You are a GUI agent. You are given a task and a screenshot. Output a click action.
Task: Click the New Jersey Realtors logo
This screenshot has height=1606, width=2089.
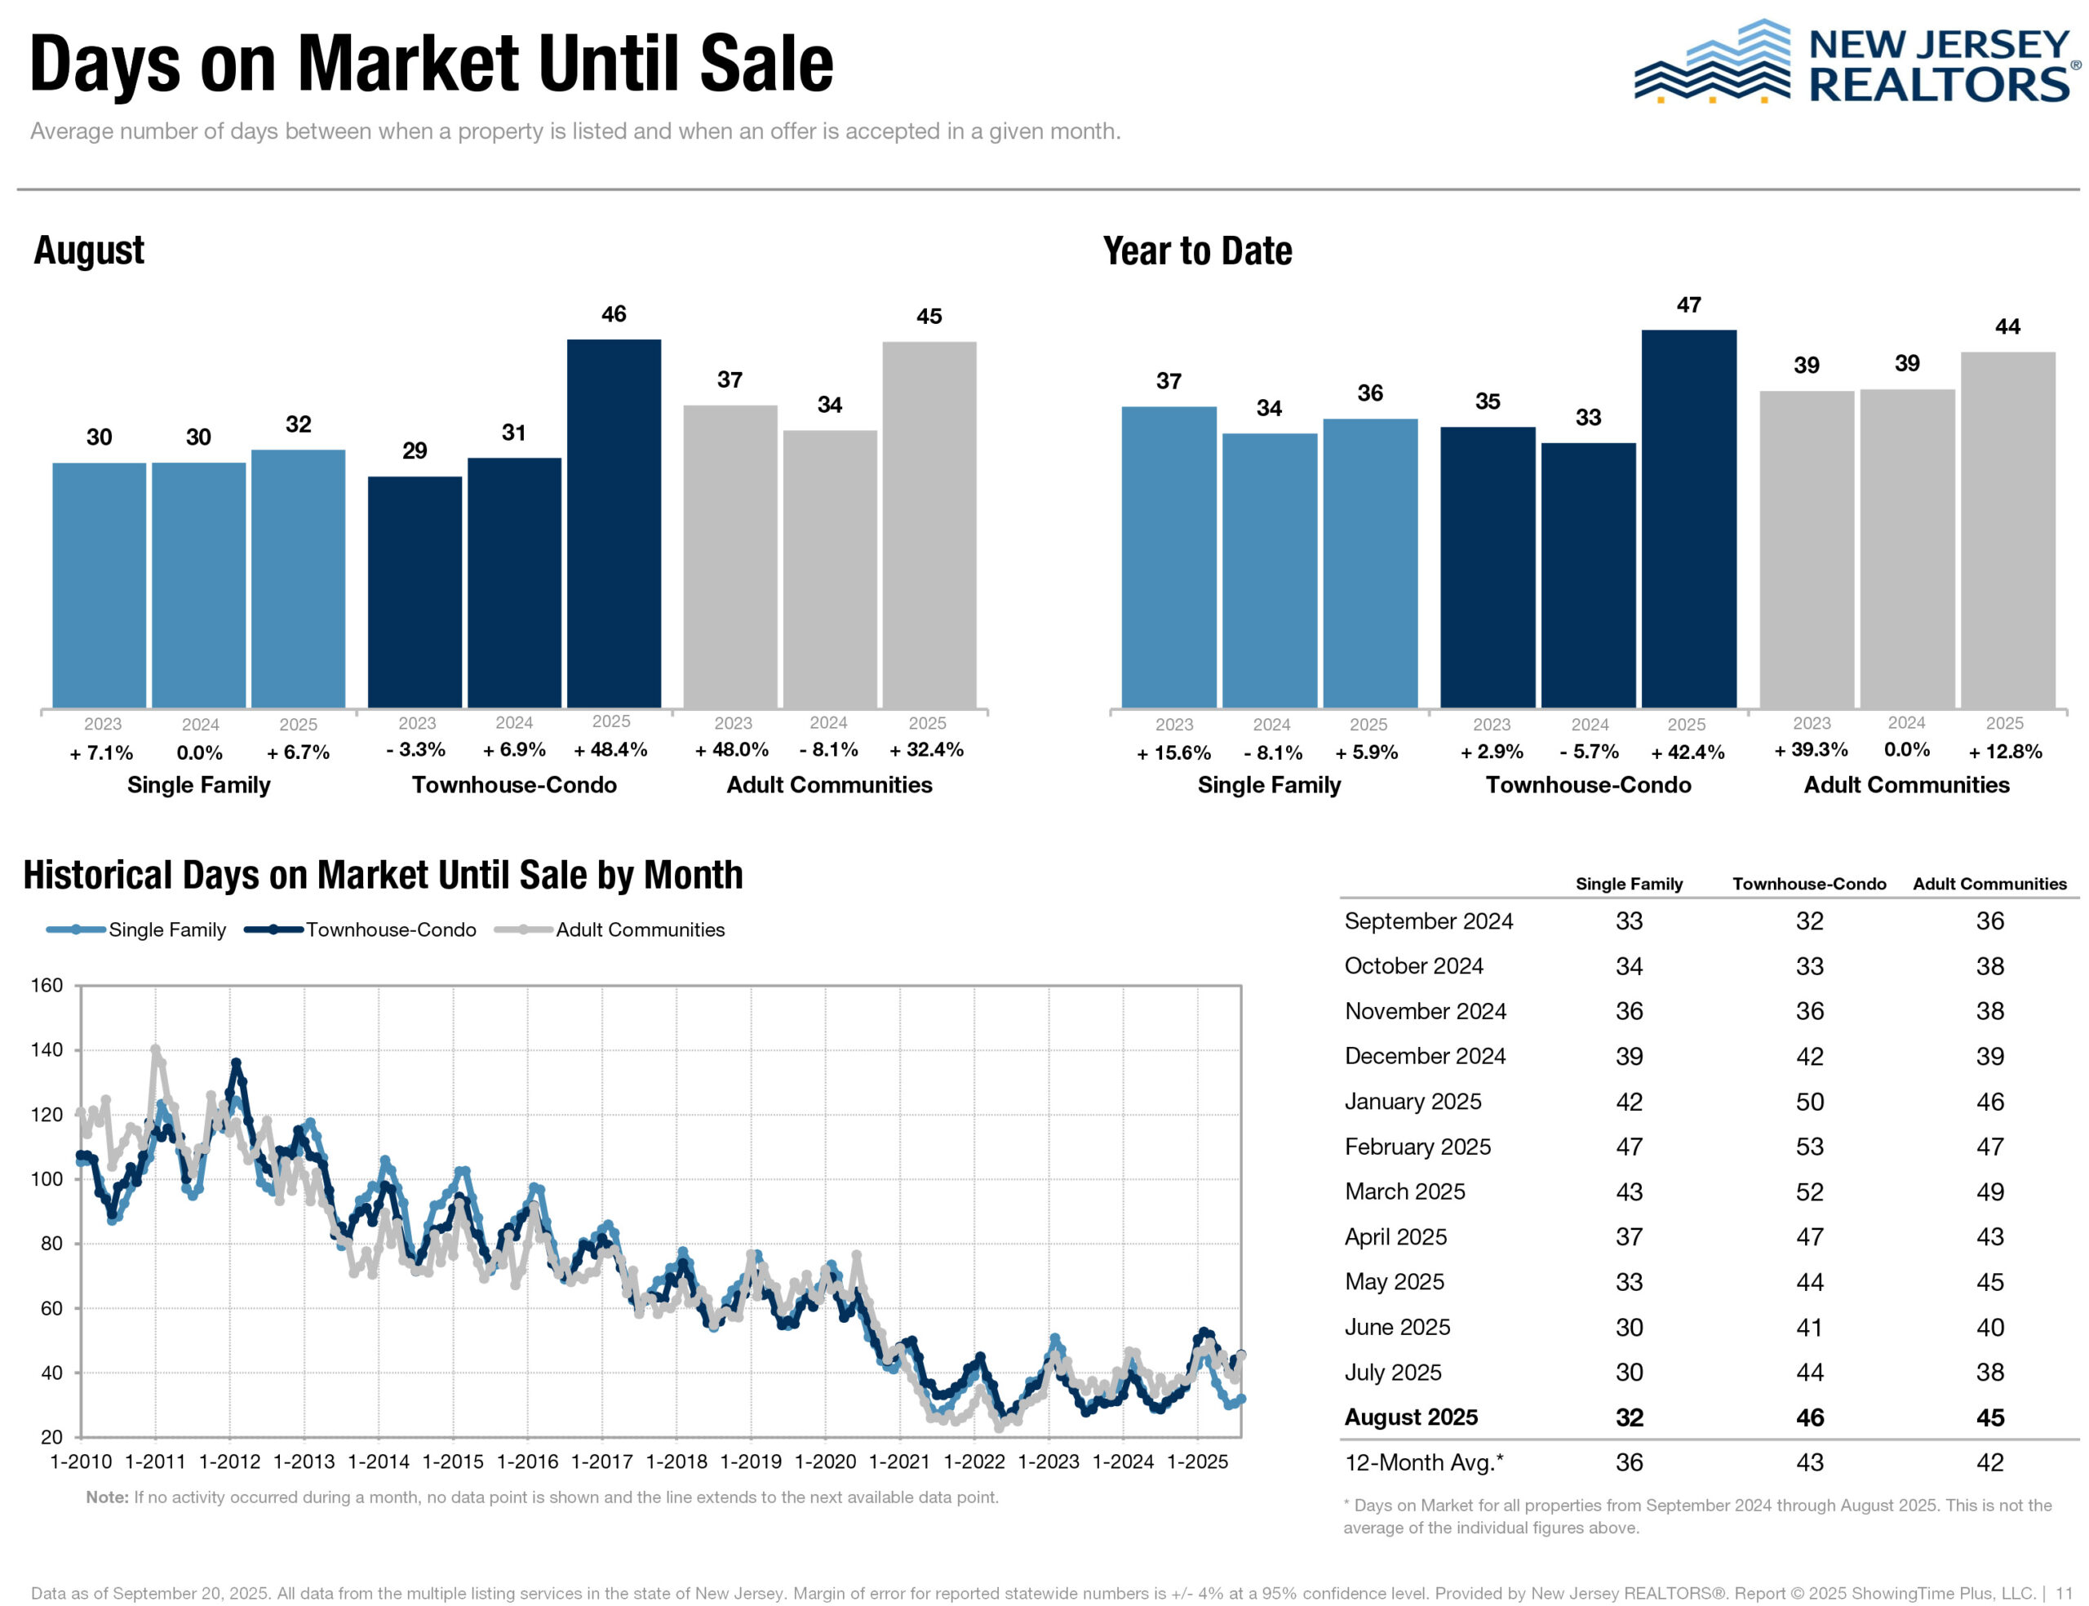(x=1854, y=63)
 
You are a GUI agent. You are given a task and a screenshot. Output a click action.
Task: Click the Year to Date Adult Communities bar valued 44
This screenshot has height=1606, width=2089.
(x=2007, y=530)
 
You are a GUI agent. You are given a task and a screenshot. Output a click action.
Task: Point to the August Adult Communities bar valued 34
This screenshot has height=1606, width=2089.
(x=830, y=568)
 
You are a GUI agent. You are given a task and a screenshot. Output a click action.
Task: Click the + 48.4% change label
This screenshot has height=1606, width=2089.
(x=610, y=749)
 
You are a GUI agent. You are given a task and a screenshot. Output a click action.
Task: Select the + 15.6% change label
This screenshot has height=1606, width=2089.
(x=1173, y=752)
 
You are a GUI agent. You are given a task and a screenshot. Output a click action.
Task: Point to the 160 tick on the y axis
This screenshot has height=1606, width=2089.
(x=47, y=985)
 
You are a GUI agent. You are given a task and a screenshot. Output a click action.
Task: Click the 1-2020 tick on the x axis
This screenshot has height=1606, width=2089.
(x=825, y=1462)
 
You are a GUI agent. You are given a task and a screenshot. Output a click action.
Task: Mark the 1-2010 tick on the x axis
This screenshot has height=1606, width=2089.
(x=80, y=1462)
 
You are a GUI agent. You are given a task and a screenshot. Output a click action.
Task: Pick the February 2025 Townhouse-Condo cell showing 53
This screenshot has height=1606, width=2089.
(x=1809, y=1147)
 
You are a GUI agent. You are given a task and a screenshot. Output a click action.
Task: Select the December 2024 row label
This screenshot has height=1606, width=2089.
(x=1424, y=1055)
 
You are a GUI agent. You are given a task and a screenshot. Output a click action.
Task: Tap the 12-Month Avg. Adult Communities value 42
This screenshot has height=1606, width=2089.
(x=1989, y=1462)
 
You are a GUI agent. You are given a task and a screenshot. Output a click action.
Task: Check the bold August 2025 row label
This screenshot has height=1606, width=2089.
(x=1411, y=1417)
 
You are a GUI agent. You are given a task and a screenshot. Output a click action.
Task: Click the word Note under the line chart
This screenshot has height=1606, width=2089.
(x=106, y=1497)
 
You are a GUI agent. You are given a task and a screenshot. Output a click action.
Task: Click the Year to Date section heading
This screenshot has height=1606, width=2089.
(x=1196, y=251)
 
